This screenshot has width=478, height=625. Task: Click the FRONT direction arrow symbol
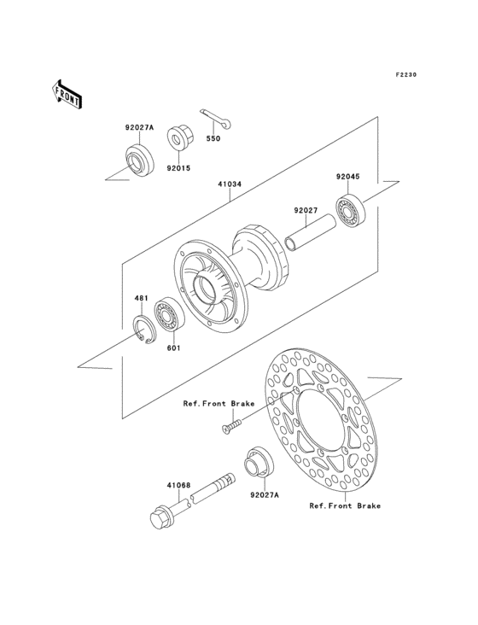(67, 93)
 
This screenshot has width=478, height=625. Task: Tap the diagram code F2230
(405, 75)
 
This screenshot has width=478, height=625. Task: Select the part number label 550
(215, 137)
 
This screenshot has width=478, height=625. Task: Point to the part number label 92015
(178, 168)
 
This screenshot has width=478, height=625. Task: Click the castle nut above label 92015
(179, 137)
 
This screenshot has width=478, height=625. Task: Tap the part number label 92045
(347, 178)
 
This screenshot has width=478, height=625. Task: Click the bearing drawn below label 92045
(350, 210)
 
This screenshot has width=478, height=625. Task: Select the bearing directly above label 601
(166, 318)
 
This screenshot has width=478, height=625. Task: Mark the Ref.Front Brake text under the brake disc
(345, 505)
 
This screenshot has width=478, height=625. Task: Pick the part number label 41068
(178, 484)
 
